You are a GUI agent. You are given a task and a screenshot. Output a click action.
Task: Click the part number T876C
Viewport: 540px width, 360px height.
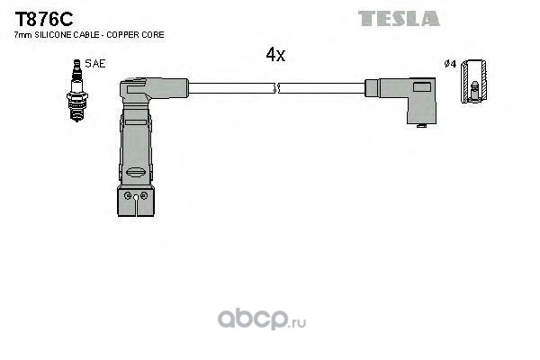(x=44, y=19)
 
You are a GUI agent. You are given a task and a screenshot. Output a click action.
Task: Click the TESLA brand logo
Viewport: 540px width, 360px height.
(x=399, y=19)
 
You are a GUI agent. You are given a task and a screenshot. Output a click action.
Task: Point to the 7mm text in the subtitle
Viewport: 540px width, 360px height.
(x=22, y=35)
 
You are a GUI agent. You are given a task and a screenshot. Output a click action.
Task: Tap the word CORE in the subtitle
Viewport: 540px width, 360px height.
(x=153, y=35)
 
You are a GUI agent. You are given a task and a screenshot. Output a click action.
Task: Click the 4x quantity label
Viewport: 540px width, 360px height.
(x=275, y=54)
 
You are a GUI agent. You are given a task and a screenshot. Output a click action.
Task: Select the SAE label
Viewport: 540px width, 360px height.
(x=95, y=64)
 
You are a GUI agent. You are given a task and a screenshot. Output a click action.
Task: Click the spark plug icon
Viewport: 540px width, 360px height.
(x=76, y=90)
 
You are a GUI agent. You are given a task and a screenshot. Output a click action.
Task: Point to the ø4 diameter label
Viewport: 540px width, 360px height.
(x=450, y=64)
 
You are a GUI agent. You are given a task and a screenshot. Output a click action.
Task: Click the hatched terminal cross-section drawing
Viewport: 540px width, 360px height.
(x=474, y=81)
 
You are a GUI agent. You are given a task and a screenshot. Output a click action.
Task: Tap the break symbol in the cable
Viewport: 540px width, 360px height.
(x=276, y=88)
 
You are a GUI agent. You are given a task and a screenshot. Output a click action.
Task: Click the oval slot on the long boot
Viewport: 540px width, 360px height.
(x=136, y=172)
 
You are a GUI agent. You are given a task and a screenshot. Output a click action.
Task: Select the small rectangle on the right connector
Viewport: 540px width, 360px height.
(x=422, y=86)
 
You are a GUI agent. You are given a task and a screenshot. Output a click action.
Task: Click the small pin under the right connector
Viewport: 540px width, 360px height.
(x=421, y=126)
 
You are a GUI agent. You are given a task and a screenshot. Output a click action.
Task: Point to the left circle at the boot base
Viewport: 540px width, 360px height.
(x=128, y=195)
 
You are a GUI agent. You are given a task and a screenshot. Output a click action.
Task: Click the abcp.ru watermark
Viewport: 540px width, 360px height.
(x=262, y=319)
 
